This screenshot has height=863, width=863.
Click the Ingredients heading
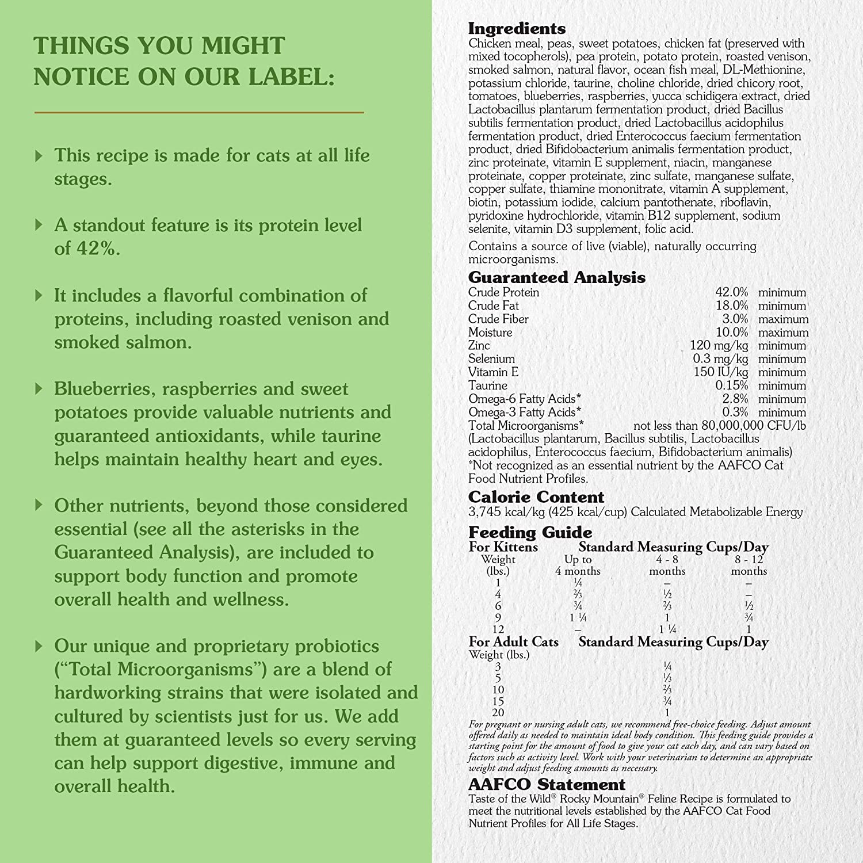point(517,28)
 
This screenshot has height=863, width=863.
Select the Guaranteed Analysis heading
point(556,277)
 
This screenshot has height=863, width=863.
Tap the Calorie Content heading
point(536,497)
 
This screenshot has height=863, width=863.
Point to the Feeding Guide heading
point(530,532)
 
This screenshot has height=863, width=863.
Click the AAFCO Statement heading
point(547,784)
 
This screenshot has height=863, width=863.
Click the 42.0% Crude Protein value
point(731,292)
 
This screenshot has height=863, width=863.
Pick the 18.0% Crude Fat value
point(731,306)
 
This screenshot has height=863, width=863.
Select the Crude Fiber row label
point(498,319)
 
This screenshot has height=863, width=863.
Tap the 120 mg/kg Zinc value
point(719,345)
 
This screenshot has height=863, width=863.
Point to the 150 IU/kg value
point(720,372)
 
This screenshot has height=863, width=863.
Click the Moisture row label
point(490,332)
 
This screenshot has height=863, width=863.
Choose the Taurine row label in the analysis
point(487,385)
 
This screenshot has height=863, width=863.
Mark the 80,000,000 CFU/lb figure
point(742,426)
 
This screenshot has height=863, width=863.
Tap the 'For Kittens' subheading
point(503,547)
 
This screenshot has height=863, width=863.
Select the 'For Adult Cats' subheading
point(513,641)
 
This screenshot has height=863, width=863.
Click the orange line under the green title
point(199,112)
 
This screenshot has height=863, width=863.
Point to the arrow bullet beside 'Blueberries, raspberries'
point(39,389)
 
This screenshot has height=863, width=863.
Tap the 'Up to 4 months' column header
point(578,565)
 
